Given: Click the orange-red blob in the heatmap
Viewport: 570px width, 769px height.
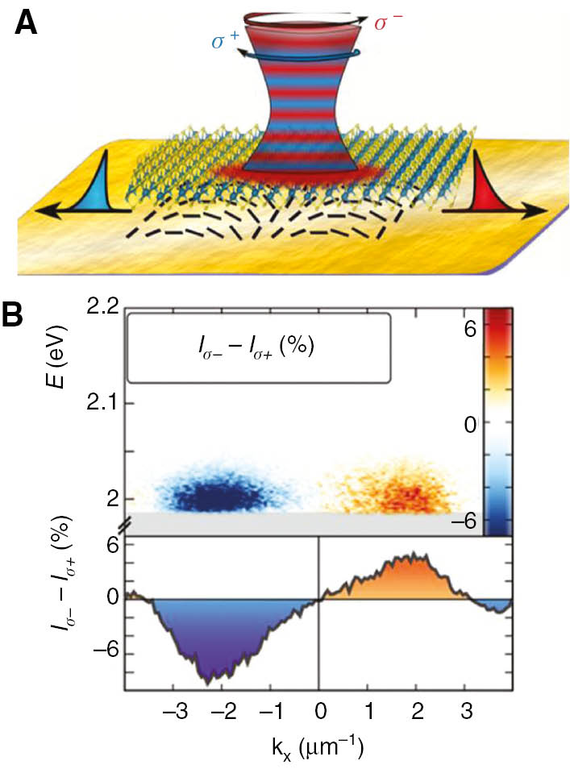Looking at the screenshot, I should point(407,492).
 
